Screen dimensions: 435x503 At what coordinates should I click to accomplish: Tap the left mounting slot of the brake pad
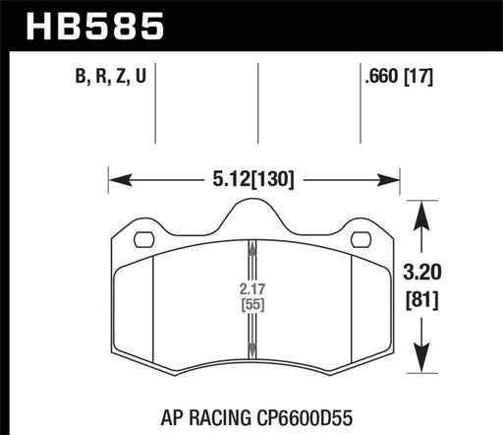pyautogui.click(x=142, y=238)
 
